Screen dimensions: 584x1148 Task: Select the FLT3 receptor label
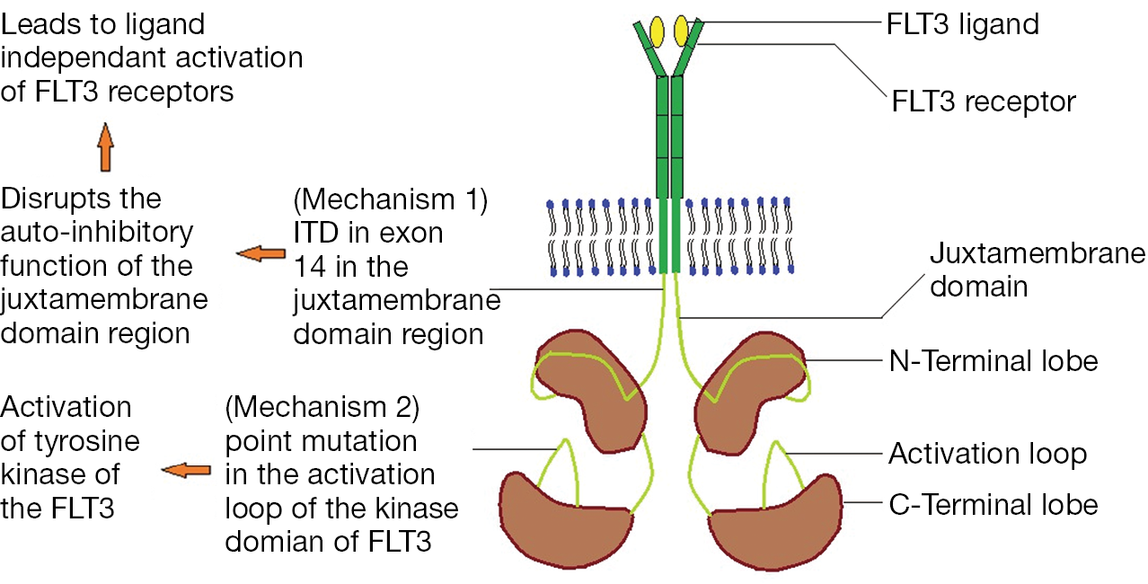click(984, 101)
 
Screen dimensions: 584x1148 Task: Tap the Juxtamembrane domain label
click(1037, 270)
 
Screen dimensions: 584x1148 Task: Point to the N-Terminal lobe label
click(993, 361)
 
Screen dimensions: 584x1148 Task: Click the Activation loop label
click(987, 454)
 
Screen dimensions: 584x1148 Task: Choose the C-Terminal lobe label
click(993, 504)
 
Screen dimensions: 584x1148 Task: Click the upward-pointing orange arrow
click(106, 147)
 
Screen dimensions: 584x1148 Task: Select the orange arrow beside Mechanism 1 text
click(260, 255)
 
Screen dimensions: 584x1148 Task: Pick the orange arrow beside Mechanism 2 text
click(186, 470)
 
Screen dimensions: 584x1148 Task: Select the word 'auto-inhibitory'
click(97, 232)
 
